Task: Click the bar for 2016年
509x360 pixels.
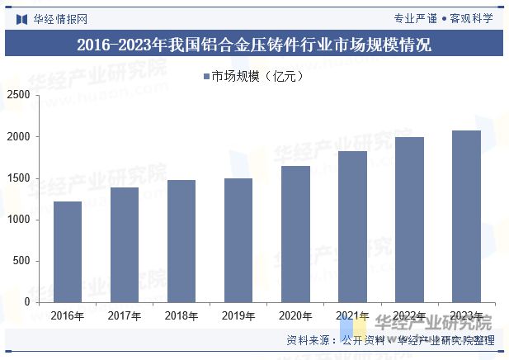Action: [x=68, y=252]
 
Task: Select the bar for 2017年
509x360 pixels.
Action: [x=125, y=244]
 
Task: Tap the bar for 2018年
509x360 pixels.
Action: [x=181, y=241]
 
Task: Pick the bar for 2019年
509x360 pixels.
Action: [x=238, y=240]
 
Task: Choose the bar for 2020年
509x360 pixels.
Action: [x=295, y=234]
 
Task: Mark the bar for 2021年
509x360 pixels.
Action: [x=352, y=226]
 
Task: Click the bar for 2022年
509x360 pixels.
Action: [x=409, y=220]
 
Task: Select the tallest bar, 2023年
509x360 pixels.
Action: [x=466, y=216]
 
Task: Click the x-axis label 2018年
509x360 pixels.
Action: [x=181, y=315]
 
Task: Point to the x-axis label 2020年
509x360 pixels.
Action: [x=295, y=315]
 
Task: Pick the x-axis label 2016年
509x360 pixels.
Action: [x=68, y=315]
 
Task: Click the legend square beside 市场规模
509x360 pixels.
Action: [x=206, y=77]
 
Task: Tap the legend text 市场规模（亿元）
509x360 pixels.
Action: [x=258, y=77]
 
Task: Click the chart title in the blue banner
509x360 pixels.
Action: [x=254, y=44]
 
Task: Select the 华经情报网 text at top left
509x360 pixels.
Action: [x=59, y=17]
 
